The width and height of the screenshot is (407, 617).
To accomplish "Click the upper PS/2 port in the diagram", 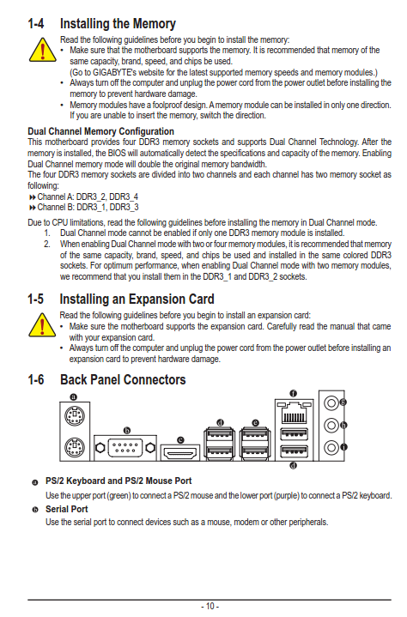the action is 75,415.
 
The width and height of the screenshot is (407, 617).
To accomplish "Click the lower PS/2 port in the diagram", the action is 75,447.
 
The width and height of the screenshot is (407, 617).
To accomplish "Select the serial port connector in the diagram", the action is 125,448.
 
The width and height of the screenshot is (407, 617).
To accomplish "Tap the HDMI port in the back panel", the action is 180,452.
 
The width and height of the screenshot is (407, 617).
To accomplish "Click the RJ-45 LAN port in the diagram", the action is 294,413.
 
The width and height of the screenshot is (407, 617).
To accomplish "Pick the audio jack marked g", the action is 331,402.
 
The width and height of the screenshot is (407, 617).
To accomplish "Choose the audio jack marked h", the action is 331,425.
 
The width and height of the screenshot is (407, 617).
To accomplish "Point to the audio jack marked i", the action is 331,447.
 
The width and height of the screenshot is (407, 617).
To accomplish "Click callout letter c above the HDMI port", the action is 180,440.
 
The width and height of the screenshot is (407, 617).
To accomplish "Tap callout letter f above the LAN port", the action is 294,393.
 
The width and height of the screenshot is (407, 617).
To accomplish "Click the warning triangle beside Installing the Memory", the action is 43,50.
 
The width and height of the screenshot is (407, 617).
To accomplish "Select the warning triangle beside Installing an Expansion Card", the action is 42,325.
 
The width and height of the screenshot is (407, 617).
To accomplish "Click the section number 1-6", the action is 36,379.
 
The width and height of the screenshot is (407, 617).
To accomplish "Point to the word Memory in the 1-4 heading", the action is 155,24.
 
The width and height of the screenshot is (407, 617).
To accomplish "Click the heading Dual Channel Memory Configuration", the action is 100,131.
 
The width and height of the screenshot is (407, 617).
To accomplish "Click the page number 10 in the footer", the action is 210,606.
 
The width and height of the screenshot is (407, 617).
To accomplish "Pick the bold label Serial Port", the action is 66,509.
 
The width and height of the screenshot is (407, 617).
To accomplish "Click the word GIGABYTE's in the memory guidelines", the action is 114,72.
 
